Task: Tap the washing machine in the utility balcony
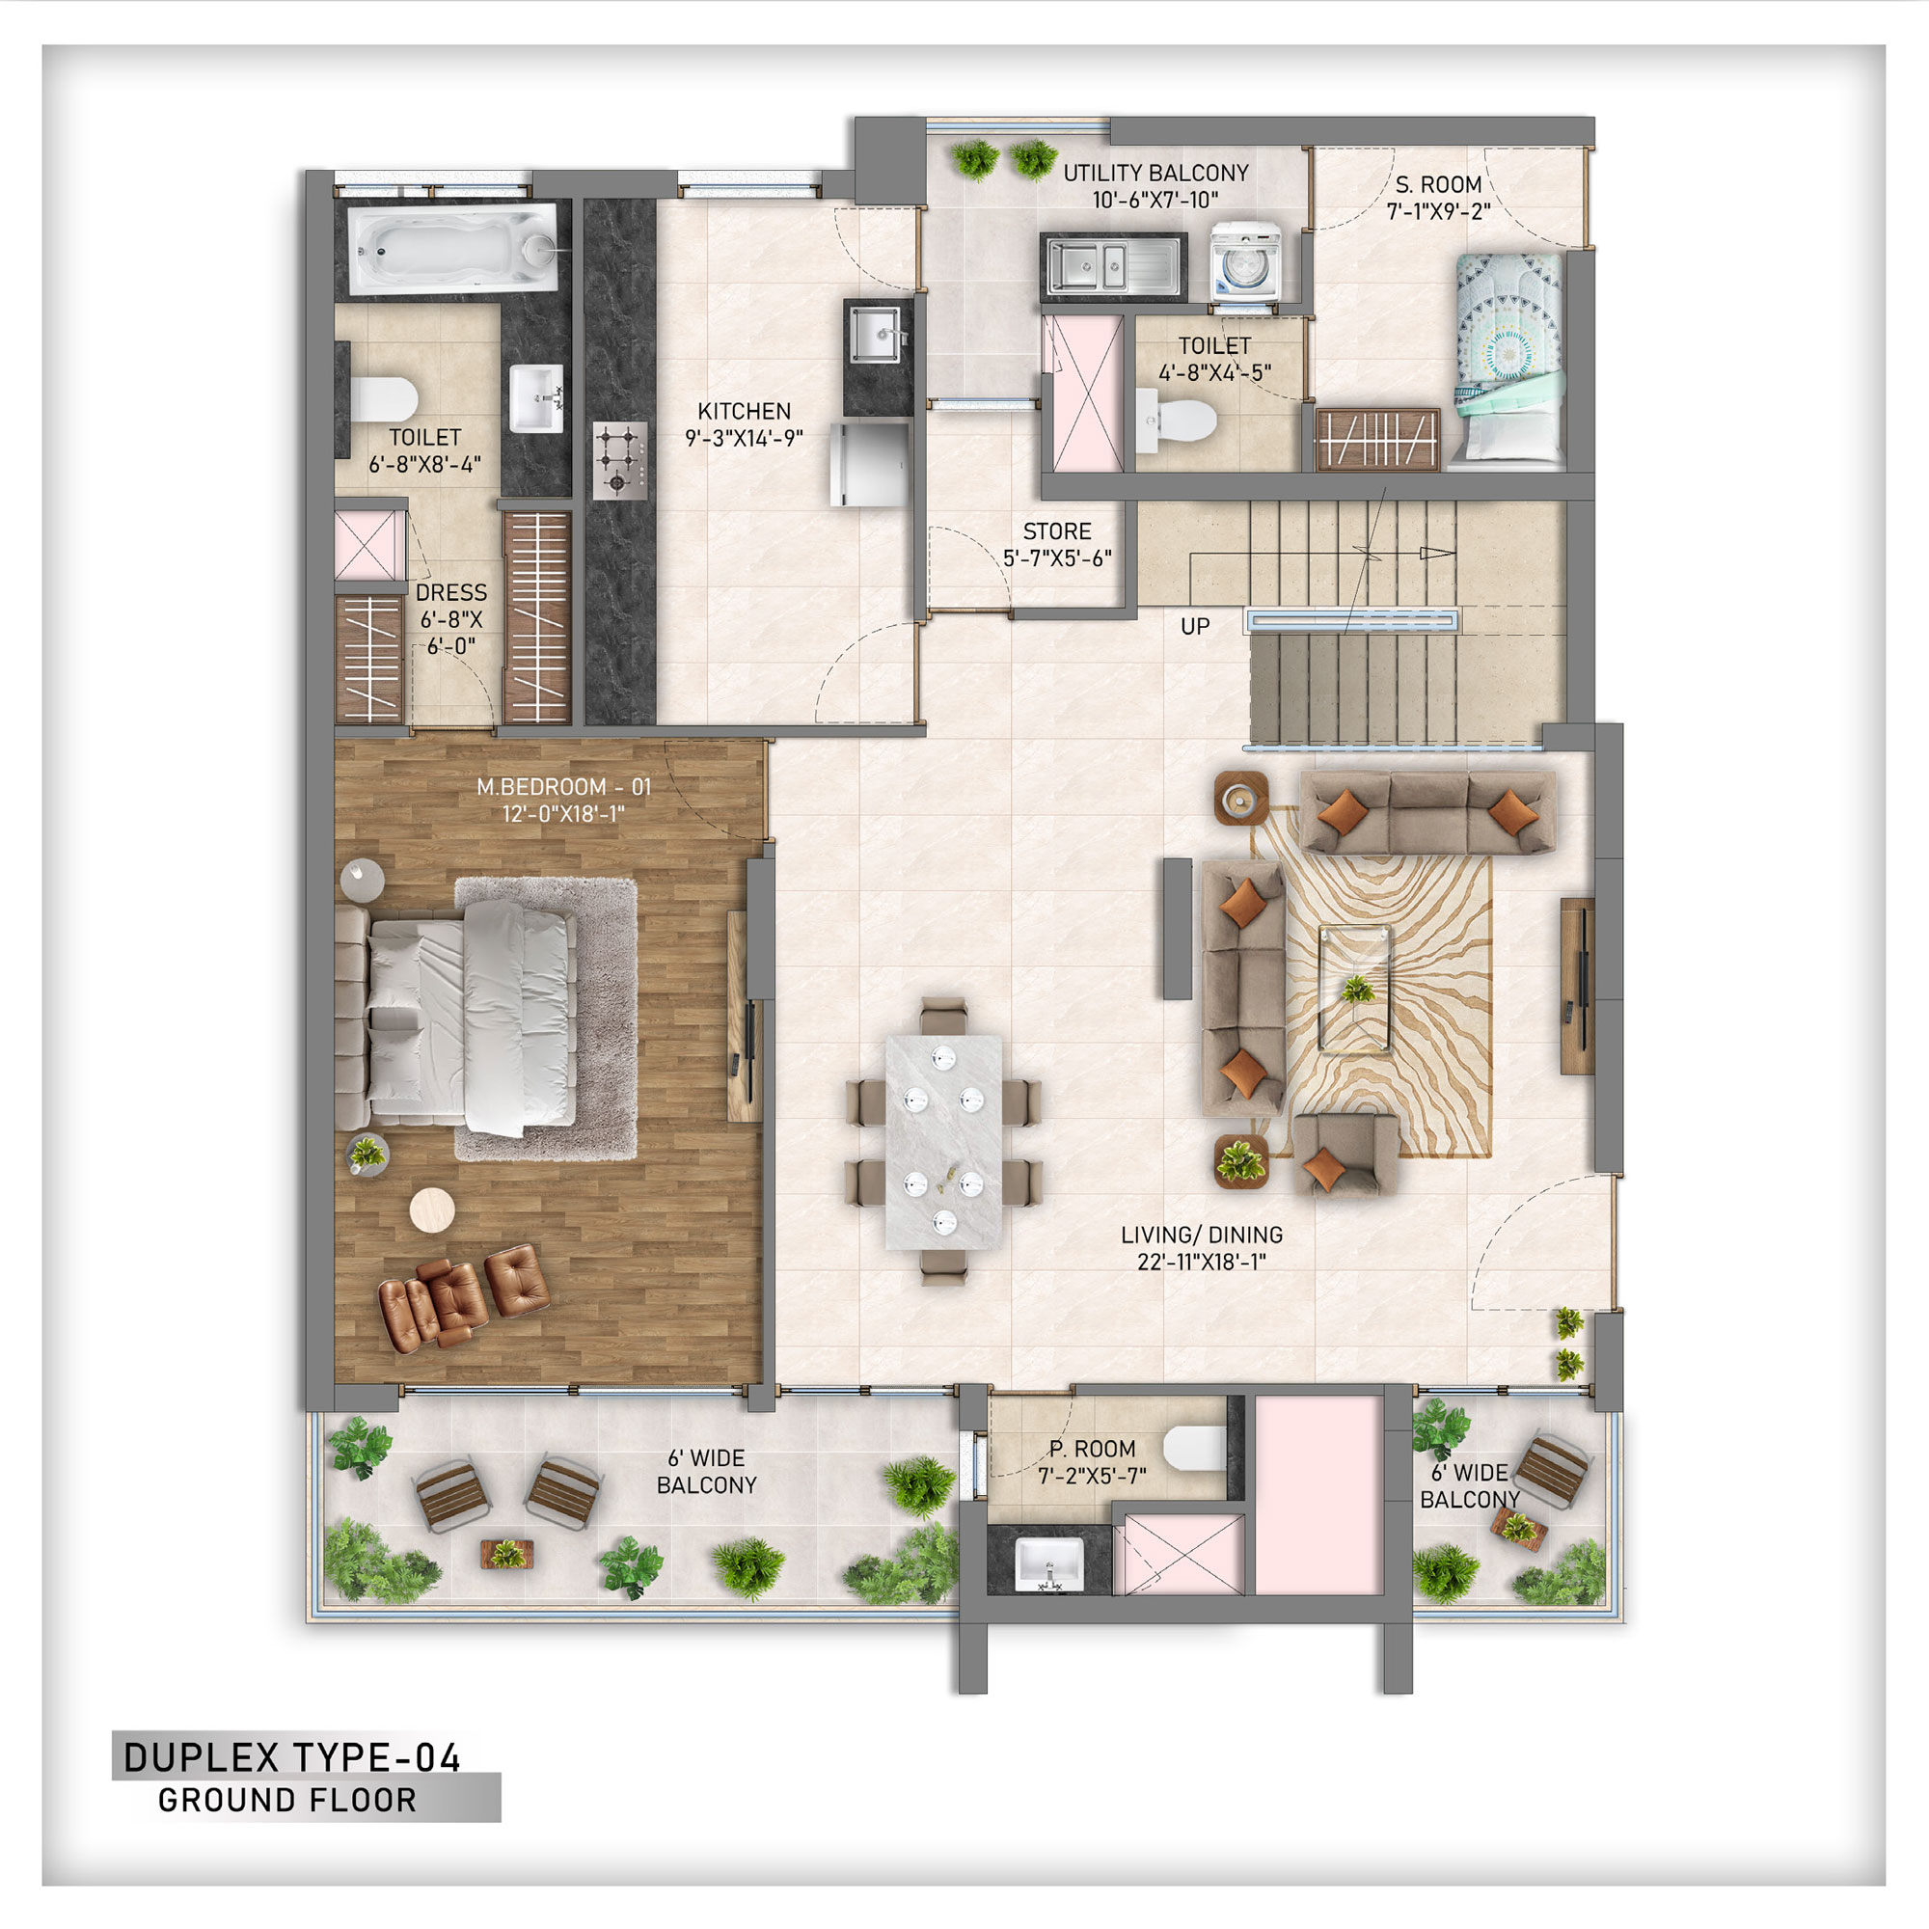(1245, 262)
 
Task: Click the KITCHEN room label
(744, 412)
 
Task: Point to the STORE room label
(1056, 531)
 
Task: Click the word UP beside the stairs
(1195, 626)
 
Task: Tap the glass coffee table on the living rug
(1355, 989)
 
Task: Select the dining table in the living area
(943, 1141)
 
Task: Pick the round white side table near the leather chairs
(431, 1209)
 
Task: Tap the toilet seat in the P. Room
(1195, 1449)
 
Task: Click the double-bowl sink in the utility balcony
(1113, 266)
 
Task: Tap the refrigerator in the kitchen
(871, 464)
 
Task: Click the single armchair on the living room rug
(1345, 1154)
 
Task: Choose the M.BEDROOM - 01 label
(563, 787)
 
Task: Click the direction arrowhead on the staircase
(1439, 552)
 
